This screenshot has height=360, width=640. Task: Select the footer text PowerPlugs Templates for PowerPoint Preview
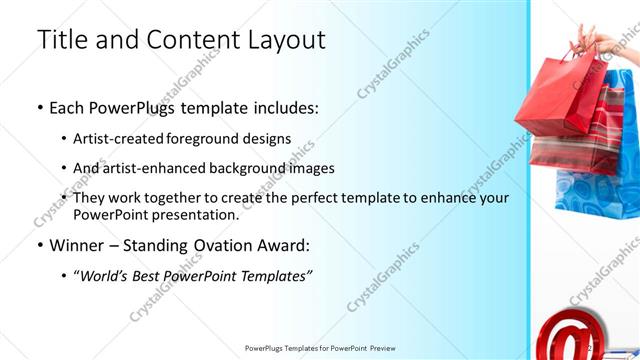click(x=320, y=348)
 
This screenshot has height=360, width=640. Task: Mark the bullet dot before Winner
click(x=39, y=245)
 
